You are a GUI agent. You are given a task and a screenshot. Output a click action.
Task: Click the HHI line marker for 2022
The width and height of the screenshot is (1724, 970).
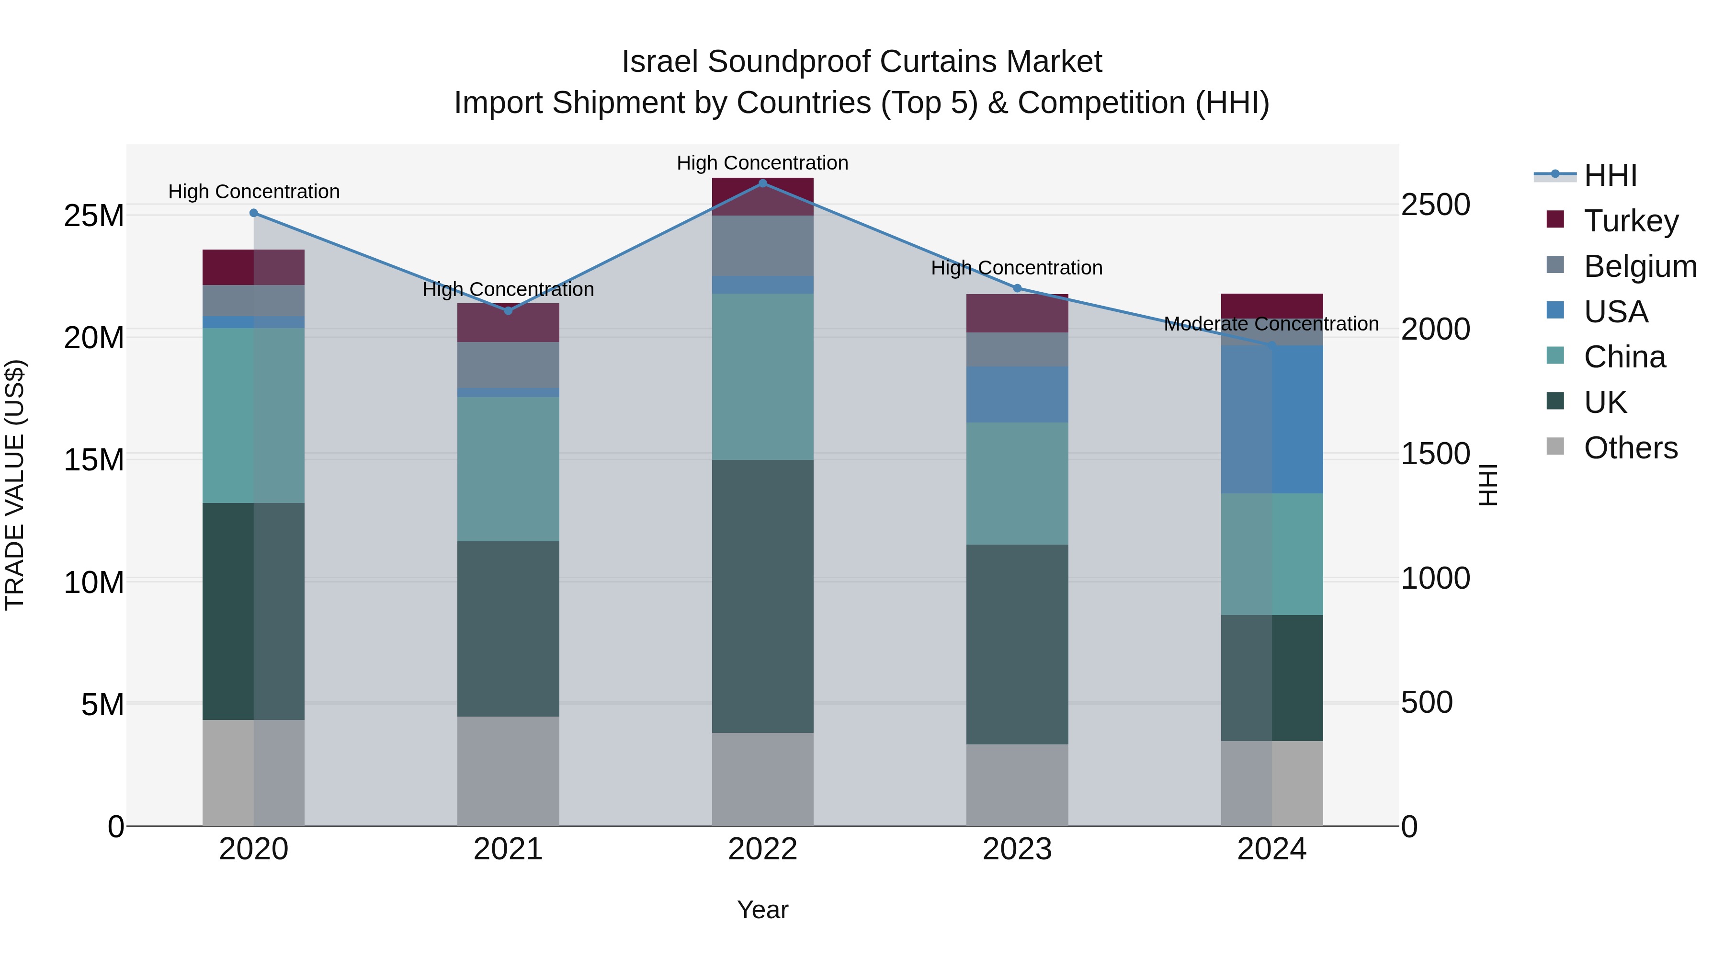click(x=762, y=183)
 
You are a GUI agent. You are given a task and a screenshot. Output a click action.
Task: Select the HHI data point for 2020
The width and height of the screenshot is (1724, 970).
click(x=254, y=213)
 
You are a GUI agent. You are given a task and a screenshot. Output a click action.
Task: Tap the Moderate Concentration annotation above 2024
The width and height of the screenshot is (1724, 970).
click(x=1271, y=324)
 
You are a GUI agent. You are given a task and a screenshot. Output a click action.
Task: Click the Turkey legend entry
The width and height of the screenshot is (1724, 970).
click(x=1631, y=220)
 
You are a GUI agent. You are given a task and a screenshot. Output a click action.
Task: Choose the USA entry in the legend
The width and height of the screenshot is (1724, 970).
click(x=1616, y=311)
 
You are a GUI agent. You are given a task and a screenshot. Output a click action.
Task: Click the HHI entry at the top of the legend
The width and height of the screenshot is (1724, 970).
click(x=1610, y=175)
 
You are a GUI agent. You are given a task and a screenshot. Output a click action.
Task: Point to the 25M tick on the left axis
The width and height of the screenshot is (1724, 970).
click(x=94, y=216)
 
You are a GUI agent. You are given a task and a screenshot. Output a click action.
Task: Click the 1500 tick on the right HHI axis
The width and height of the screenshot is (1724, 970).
click(x=1436, y=454)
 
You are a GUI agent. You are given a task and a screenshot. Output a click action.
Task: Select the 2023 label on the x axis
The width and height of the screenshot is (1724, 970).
click(x=1017, y=849)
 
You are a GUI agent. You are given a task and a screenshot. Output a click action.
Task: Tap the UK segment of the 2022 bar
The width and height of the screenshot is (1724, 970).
click(x=762, y=596)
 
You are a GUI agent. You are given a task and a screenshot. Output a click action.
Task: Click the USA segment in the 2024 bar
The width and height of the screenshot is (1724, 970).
click(x=1271, y=420)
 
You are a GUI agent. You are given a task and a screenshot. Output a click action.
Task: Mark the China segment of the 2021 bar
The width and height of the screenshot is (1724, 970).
click(x=508, y=468)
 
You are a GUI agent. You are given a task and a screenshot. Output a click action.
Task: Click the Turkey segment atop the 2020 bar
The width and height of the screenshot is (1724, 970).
click(x=254, y=267)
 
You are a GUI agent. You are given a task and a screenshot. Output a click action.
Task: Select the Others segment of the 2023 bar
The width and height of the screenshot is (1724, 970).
click(x=1017, y=785)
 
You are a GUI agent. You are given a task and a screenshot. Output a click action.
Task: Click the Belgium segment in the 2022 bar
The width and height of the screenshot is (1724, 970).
click(x=762, y=246)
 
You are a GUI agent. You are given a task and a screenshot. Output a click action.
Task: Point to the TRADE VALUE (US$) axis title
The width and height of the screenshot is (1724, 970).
click(x=15, y=485)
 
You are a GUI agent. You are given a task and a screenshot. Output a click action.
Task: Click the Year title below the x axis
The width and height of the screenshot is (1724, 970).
click(x=762, y=910)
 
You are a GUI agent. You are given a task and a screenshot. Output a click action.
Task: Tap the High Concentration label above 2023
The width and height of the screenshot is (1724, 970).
click(x=1017, y=268)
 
